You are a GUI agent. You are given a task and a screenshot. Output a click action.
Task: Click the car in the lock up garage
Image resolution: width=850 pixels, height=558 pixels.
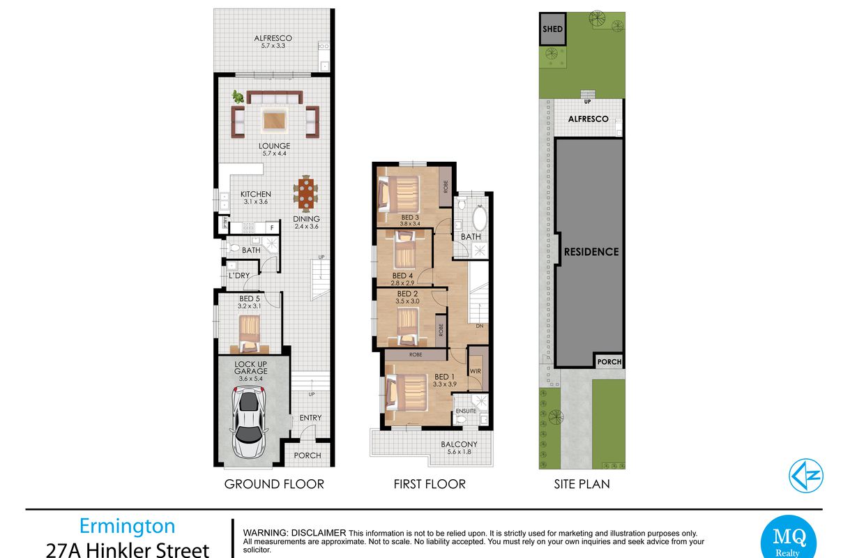(x=249, y=421)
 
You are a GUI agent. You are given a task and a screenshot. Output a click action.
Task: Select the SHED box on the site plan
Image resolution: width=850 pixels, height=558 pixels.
(x=552, y=29)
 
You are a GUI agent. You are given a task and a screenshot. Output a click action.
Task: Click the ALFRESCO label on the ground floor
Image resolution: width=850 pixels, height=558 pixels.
(x=273, y=38)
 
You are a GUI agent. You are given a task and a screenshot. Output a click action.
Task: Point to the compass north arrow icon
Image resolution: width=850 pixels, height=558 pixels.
(x=805, y=476)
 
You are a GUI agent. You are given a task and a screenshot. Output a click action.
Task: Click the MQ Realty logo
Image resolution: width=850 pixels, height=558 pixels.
(x=789, y=538)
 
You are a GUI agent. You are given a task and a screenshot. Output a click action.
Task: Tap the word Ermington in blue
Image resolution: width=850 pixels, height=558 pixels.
(x=127, y=527)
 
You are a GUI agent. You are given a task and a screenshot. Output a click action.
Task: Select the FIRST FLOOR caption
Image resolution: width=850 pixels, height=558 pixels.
(x=430, y=484)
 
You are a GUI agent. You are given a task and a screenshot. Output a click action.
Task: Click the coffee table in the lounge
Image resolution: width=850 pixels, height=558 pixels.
(x=274, y=121)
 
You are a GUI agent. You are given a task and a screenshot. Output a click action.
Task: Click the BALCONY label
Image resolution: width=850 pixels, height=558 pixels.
(x=459, y=444)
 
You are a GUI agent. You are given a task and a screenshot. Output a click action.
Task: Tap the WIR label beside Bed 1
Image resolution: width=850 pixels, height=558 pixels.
(x=475, y=371)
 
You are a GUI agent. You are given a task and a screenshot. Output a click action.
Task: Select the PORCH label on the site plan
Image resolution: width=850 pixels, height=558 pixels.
(x=609, y=362)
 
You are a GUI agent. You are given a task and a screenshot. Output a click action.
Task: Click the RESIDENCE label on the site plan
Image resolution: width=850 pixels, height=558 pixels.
(x=591, y=252)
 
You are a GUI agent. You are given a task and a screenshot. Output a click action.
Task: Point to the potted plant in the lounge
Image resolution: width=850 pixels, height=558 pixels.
(x=238, y=97)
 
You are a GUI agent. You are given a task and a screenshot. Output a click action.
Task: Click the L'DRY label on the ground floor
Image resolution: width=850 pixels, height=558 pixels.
(x=239, y=276)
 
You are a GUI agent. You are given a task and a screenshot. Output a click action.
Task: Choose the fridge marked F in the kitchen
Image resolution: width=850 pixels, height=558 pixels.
(x=272, y=228)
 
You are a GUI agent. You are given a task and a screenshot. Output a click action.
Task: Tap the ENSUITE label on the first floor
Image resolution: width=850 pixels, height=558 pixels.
(x=466, y=411)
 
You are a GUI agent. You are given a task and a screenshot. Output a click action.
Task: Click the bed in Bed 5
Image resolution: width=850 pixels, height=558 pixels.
(x=250, y=334)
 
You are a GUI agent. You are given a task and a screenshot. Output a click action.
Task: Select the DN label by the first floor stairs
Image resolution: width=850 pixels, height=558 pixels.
(x=480, y=326)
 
